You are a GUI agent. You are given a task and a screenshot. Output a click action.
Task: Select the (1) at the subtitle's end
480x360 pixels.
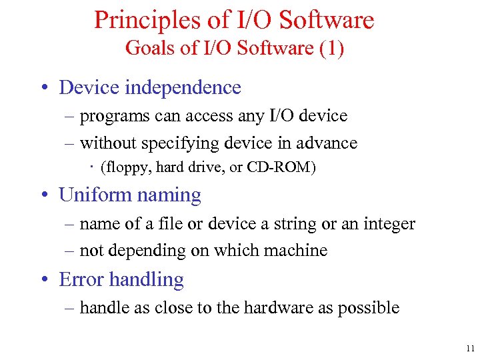pos(331,49)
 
